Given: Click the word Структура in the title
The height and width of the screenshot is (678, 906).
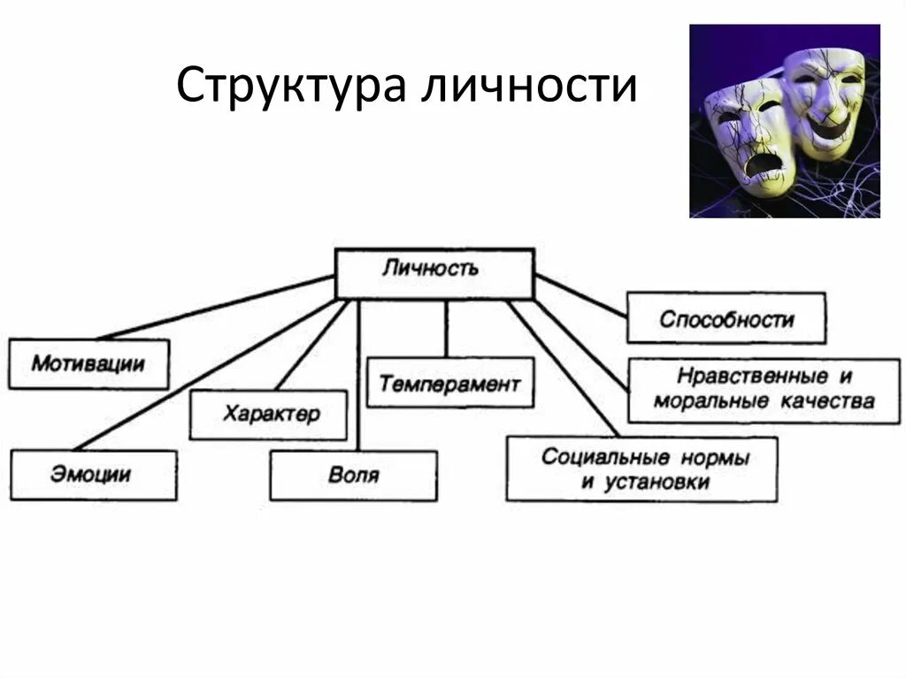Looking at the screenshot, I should [291, 87].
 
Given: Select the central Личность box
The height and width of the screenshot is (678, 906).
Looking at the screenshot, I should [434, 273].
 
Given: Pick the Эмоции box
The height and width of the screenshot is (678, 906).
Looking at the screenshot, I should [93, 475].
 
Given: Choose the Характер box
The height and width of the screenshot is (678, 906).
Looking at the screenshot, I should [268, 415].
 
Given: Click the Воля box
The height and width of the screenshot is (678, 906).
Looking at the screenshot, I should [353, 476].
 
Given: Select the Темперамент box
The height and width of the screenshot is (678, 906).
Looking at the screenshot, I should [449, 383].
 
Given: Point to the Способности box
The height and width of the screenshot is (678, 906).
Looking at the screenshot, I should [726, 318].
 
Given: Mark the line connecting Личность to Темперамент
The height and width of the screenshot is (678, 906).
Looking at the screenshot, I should [447, 327].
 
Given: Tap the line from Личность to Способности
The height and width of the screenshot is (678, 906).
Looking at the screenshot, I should [580, 294].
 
